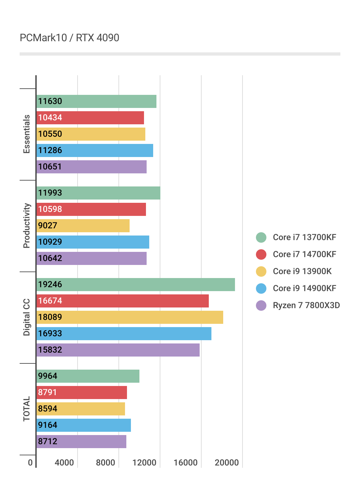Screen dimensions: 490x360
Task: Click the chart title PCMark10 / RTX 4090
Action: click(69, 38)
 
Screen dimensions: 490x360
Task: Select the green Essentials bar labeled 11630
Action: click(97, 101)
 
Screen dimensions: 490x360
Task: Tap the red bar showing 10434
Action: click(90, 118)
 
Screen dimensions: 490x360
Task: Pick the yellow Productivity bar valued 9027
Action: click(83, 226)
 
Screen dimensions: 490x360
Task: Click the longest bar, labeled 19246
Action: click(136, 285)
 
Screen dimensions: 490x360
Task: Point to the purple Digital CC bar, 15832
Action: click(118, 350)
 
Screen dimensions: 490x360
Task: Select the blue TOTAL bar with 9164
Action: click(84, 425)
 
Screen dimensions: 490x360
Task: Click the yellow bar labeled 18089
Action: click(130, 317)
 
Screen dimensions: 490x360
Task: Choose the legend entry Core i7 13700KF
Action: click(304, 237)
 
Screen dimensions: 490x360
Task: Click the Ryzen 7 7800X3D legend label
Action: click(306, 306)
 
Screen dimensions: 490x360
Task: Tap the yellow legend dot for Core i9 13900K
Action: click(261, 271)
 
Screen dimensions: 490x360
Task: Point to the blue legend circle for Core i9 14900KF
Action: click(261, 289)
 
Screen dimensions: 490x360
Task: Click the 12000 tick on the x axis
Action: click(144, 463)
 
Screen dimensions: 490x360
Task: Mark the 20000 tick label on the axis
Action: click(227, 463)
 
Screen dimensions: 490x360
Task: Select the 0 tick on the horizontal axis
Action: click(30, 463)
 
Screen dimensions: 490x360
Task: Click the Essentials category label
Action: click(27, 134)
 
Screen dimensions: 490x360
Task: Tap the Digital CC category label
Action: click(27, 317)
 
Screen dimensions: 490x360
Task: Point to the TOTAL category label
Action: click(27, 409)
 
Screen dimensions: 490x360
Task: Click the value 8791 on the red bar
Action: click(47, 393)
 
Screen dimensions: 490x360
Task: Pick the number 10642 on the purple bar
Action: click(50, 258)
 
